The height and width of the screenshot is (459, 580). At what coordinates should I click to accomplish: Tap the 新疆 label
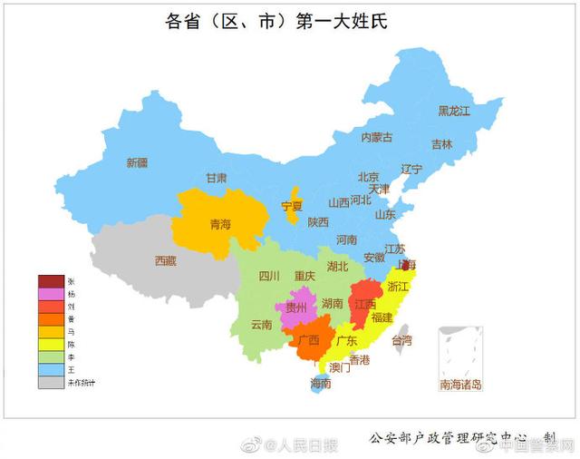point(137,162)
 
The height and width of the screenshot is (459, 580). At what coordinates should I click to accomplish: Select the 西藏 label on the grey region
point(165,260)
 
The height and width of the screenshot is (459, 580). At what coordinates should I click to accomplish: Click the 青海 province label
point(220,224)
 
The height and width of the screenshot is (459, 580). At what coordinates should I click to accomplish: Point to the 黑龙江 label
point(454,111)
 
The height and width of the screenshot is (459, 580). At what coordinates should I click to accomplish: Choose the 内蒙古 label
point(377,137)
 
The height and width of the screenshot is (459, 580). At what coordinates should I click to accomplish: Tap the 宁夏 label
point(292,207)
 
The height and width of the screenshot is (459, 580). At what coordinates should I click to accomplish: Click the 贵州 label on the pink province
point(296,308)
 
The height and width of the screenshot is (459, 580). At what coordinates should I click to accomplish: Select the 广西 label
point(308,340)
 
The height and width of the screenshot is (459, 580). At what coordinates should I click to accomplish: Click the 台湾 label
point(401,340)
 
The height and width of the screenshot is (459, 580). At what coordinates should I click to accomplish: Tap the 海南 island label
point(321,384)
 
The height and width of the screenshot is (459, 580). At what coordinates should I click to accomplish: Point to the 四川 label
point(269,276)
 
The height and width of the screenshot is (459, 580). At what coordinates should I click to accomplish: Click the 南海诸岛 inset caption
point(461,385)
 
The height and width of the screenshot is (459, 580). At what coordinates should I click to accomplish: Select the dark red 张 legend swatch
point(51,281)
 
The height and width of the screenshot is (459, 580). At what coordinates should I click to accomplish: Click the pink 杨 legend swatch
point(51,294)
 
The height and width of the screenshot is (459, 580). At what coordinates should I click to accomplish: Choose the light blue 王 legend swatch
point(51,370)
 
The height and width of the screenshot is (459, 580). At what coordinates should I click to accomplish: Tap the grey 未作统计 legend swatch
point(51,383)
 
